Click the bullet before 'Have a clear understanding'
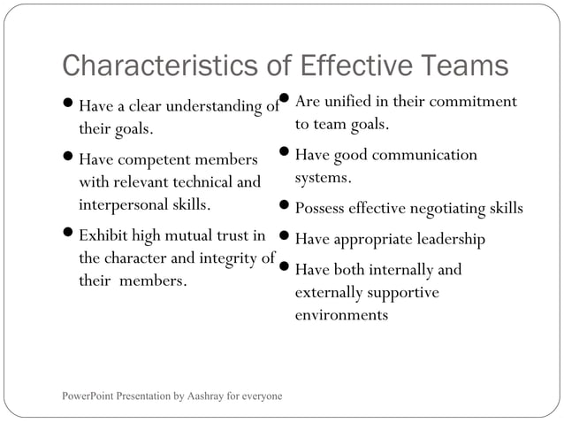pos(68,107)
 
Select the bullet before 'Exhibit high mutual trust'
pos(68,235)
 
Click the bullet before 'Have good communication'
pos(284,154)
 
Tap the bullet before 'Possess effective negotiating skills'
pos(284,208)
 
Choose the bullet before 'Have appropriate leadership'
pos(284,238)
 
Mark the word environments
pos(341,314)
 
